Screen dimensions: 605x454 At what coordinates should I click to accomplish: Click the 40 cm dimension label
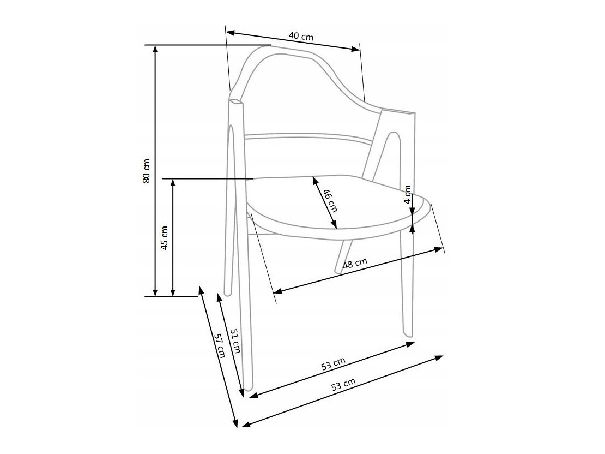point(301,37)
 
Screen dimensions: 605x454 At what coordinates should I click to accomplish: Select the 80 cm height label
point(146,170)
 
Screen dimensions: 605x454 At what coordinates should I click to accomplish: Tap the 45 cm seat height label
point(165,238)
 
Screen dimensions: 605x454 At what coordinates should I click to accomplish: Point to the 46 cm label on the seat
point(330,200)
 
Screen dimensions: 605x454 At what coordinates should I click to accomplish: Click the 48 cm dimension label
point(355,263)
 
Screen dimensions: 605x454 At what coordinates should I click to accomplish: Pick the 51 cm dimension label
point(235,340)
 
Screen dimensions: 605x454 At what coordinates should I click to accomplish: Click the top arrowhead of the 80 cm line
point(155,49)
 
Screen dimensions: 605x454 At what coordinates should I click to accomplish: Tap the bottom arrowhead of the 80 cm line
point(155,292)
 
